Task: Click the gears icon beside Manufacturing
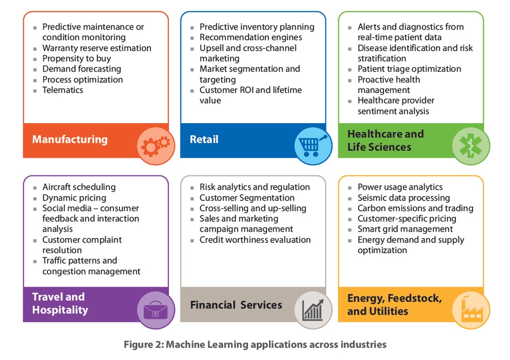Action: [156, 146]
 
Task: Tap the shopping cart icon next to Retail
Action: [312, 145]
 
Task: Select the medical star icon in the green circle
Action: [470, 145]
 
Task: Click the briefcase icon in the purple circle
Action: [156, 310]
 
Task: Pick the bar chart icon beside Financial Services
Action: [313, 310]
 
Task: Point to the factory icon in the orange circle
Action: [471, 309]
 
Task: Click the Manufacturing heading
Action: [70, 139]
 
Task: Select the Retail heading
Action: [204, 139]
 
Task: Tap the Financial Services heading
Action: [236, 305]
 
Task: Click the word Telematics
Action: [63, 90]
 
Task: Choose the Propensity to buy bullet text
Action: [76, 58]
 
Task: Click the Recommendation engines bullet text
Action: [251, 37]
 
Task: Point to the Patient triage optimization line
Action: [409, 69]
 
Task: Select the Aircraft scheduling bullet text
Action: [79, 187]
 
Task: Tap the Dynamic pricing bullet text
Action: [74, 198]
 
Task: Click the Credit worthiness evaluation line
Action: [255, 239]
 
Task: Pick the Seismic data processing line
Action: [404, 198]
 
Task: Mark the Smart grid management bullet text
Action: [405, 229]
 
